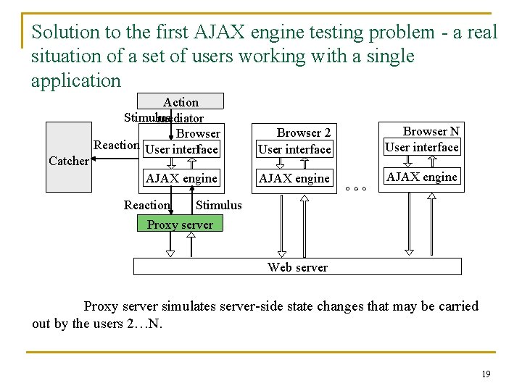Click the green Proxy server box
pos(180,224)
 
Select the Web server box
pos(297,267)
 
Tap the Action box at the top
pos(181,102)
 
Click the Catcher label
pos(68,161)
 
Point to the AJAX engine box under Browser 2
pos(294,178)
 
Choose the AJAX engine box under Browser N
pos(422,177)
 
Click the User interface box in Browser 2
pos(294,150)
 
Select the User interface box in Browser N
pos(422,147)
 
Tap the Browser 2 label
pos(304,133)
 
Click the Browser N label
pos(431,131)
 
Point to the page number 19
pos(486,374)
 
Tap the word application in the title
pos(76,80)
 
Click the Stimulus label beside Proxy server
pos(219,205)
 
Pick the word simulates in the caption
pos(190,306)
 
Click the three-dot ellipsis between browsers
pos(356,189)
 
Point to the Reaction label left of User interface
pos(117,145)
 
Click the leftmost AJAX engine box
pos(181,178)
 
